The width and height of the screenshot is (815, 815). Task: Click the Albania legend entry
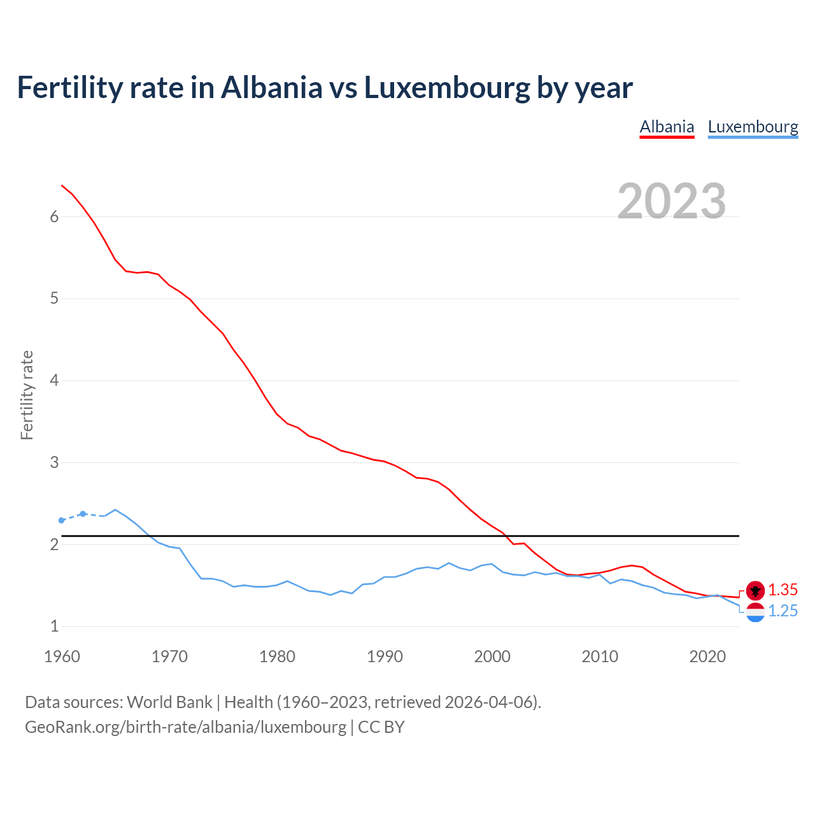coord(667,127)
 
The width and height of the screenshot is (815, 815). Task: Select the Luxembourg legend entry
coord(753,127)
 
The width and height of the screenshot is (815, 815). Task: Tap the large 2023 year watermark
coord(672,201)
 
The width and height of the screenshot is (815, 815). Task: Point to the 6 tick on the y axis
coord(54,217)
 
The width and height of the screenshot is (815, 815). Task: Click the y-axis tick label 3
coord(54,463)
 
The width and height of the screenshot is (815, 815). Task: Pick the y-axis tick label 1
coord(54,627)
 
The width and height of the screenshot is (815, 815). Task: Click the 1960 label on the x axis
coord(62,656)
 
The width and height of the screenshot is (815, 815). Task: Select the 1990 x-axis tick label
coord(385,656)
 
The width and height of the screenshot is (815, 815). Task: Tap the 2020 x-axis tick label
coord(707,656)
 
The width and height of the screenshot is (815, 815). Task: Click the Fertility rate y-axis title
coord(27,395)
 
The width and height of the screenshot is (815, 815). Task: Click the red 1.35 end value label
coord(783,590)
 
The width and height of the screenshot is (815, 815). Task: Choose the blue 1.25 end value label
coord(783,611)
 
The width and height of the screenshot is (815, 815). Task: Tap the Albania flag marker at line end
coord(755,591)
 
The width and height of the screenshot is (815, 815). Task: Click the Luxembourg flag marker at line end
coord(755,613)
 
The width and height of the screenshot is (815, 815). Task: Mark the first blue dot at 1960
coord(62,520)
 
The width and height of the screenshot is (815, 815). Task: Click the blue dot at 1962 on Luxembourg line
coord(83,514)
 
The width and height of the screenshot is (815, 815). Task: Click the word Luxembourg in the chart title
coord(446,88)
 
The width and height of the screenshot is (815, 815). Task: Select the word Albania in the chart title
coord(271,88)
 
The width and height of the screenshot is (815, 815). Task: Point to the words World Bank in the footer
coord(169,702)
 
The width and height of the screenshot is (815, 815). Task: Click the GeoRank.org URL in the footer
coord(185,727)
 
